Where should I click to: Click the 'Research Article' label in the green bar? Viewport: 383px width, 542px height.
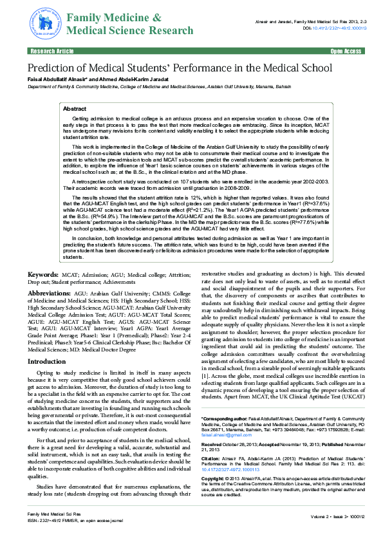[48, 50]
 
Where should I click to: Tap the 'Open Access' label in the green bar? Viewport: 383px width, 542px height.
[345, 50]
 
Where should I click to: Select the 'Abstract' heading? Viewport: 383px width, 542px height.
[75, 110]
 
